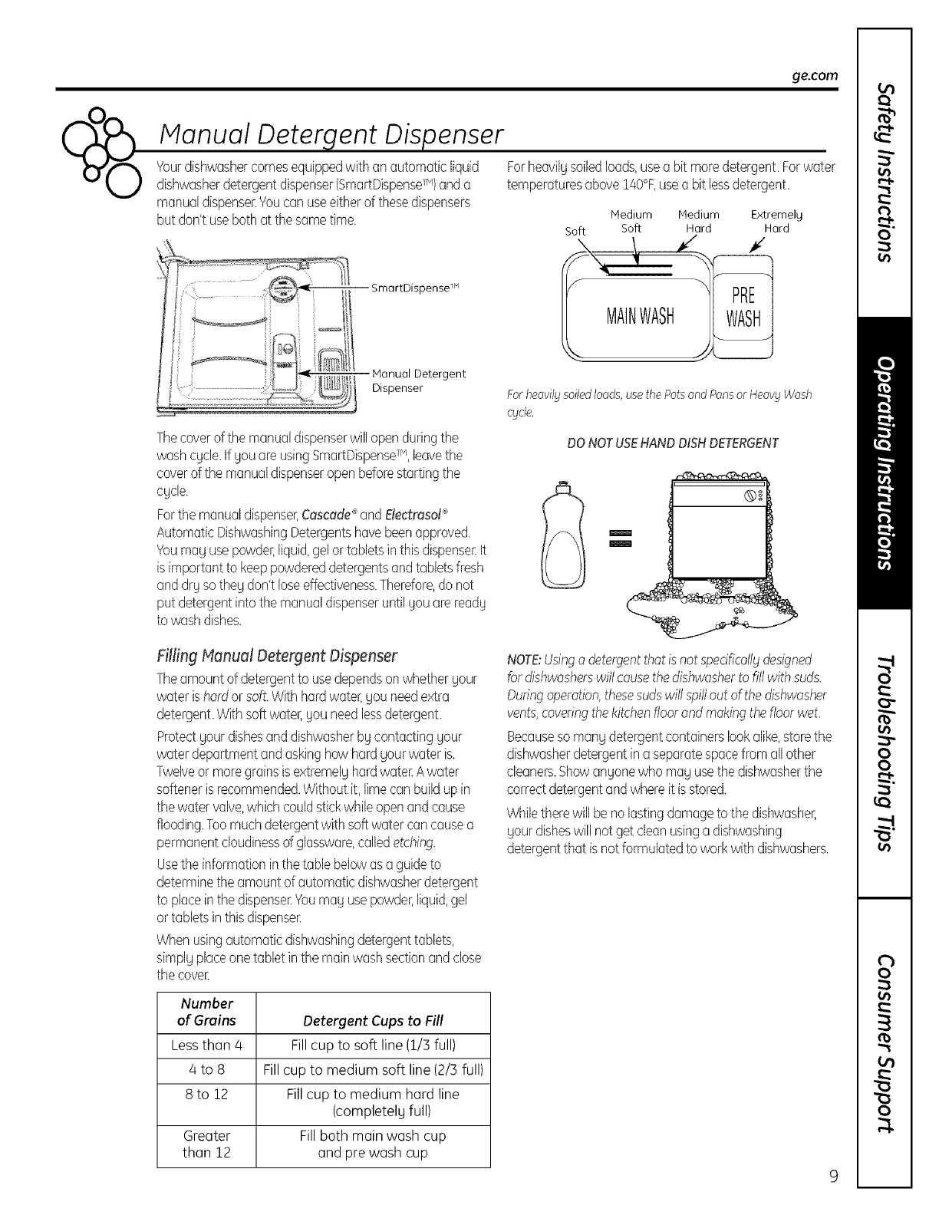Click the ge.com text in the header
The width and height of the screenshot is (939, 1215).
[x=817, y=75]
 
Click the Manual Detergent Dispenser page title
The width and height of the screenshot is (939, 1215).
[x=330, y=137]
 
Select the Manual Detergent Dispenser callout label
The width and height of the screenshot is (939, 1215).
[x=418, y=380]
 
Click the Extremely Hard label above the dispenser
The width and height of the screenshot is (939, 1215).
[x=776, y=222]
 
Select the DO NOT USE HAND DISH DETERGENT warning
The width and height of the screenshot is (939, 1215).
[x=672, y=443]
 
